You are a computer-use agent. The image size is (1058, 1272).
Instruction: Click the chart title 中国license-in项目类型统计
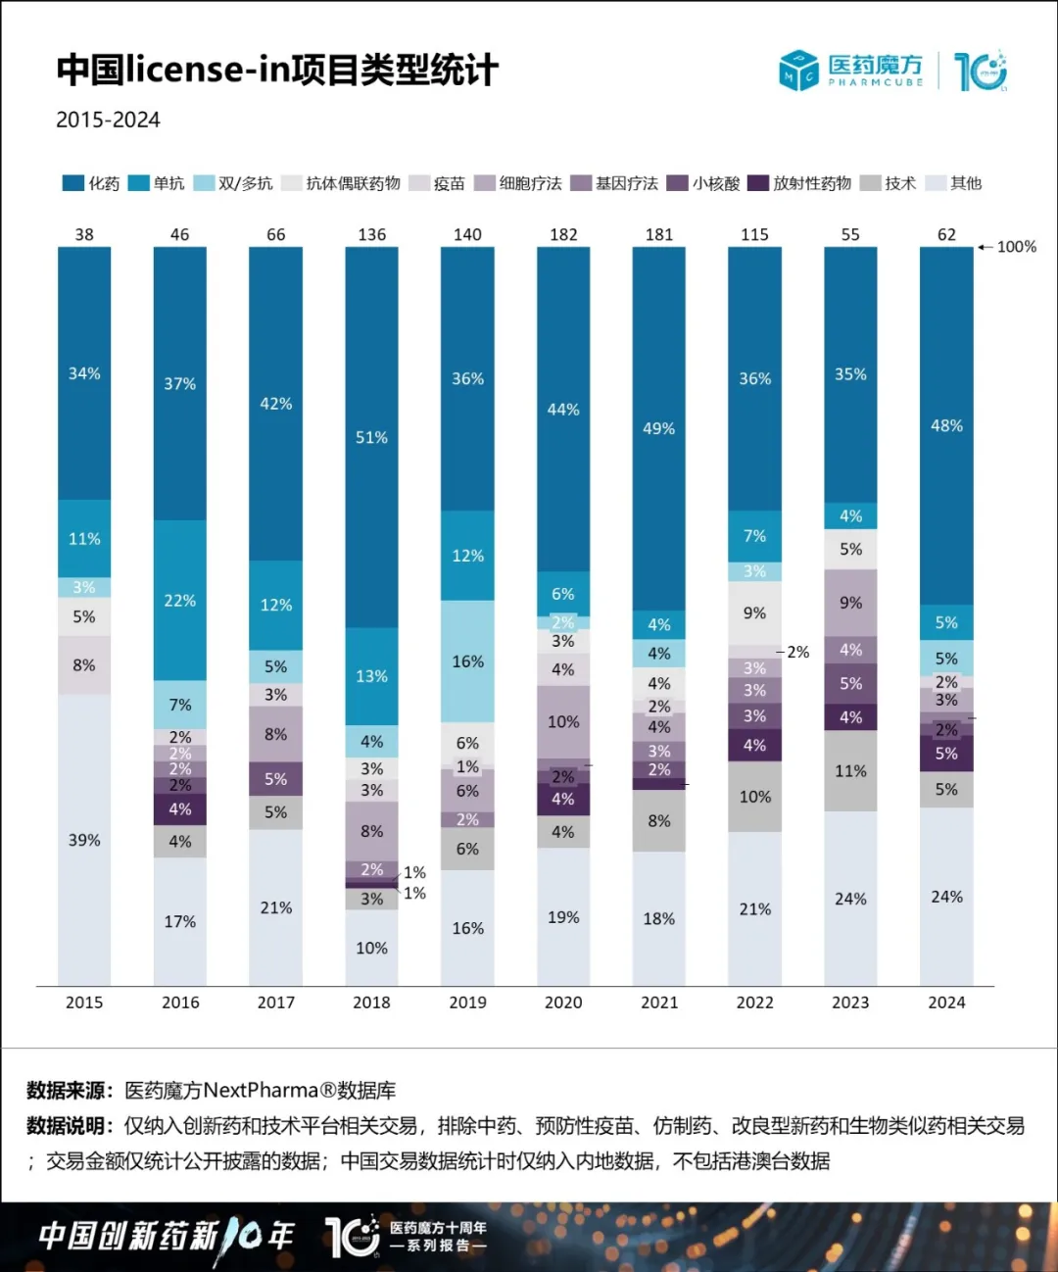277,70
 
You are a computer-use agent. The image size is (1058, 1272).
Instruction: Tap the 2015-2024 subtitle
108,120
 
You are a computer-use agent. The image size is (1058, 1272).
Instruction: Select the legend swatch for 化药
72,183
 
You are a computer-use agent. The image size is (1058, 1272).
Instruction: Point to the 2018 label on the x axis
371,1003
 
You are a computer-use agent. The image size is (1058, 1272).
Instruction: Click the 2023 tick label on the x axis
850,1003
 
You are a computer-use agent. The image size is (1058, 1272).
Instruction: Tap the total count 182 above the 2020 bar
563,235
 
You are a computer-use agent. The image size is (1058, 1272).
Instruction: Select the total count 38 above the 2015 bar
84,235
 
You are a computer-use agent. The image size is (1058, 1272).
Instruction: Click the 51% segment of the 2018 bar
371,437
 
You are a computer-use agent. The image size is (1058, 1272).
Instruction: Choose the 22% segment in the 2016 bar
180,601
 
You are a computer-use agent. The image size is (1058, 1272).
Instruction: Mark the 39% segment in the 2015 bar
84,840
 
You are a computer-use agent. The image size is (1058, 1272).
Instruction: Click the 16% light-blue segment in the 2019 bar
467,661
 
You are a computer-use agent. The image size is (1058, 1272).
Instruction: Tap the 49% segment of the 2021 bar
659,428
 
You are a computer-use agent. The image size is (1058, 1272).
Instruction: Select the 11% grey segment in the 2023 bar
850,771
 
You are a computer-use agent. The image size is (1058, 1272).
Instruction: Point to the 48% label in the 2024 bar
946,425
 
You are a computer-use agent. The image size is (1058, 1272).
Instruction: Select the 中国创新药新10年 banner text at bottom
167,1236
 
